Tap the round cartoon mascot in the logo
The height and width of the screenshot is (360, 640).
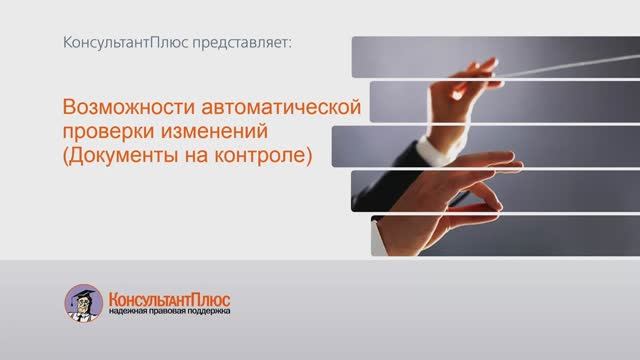84,303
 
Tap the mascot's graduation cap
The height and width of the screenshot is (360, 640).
85,292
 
